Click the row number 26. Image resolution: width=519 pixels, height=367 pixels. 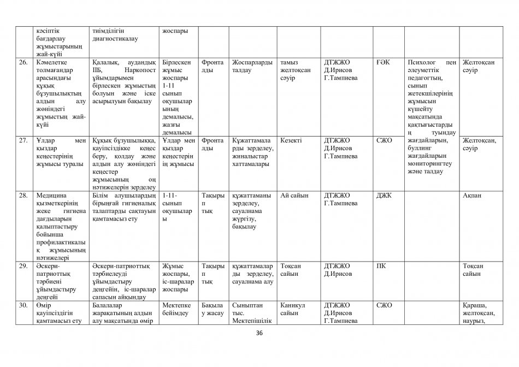click(x=23, y=62)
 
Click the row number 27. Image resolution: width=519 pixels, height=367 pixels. click(x=23, y=140)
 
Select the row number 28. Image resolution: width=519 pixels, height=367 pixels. click(x=23, y=195)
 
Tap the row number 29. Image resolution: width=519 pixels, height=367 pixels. click(x=23, y=266)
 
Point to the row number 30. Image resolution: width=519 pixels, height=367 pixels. click(x=23, y=305)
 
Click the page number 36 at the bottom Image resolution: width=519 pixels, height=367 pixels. click(x=259, y=335)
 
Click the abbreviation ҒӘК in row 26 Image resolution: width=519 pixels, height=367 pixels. click(x=383, y=62)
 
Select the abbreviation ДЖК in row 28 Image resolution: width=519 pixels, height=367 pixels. click(x=385, y=195)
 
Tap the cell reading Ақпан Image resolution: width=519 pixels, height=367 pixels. click(x=472, y=195)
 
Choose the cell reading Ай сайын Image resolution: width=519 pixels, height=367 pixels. click(x=294, y=195)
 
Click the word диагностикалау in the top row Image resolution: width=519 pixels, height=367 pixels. click(x=115, y=39)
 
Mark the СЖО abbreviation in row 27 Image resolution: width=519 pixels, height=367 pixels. click(x=384, y=140)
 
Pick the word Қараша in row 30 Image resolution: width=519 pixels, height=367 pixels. click(x=475, y=305)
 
